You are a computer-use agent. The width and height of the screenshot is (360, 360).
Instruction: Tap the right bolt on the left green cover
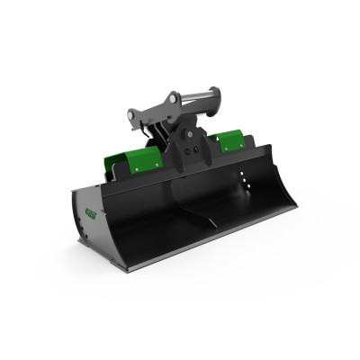(x=158, y=166)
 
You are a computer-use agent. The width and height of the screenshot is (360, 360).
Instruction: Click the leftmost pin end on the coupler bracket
(x=132, y=114)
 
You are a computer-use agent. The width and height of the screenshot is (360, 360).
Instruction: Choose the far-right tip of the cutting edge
(x=295, y=210)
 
